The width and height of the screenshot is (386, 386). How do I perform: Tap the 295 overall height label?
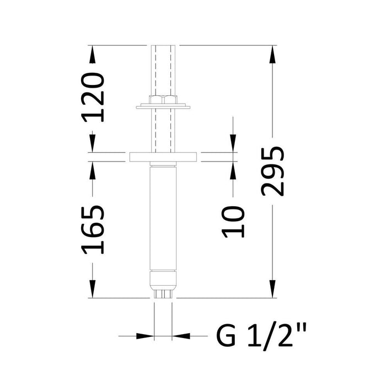pyautogui.click(x=274, y=170)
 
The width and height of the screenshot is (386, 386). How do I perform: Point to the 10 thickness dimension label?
pyautogui.click(x=234, y=222)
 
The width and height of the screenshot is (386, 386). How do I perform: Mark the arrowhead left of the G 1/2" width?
pyautogui.click(x=144, y=335)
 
